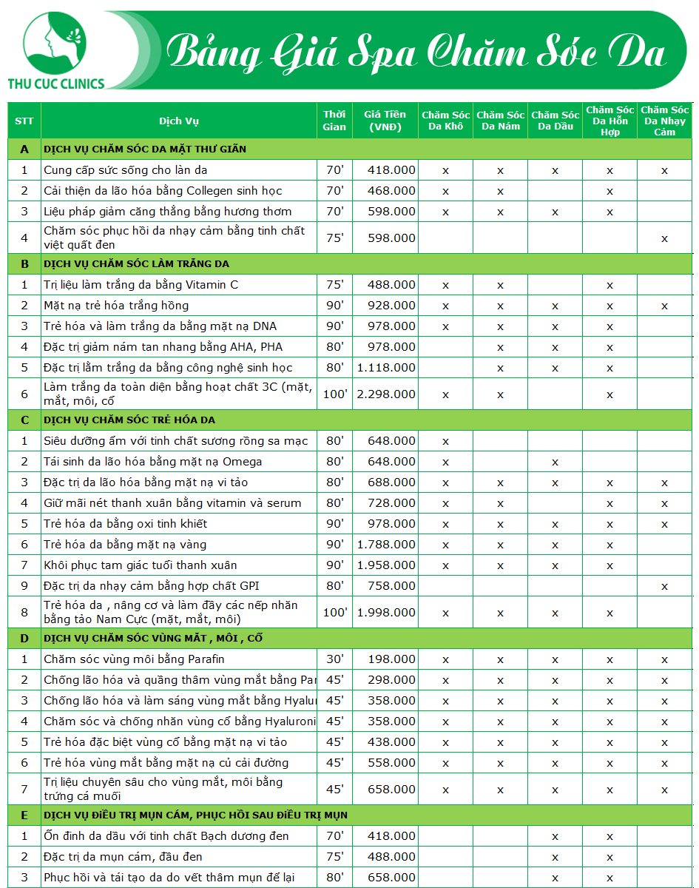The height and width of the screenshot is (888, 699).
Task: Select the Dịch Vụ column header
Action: (x=179, y=121)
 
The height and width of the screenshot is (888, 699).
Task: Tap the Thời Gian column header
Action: (x=334, y=121)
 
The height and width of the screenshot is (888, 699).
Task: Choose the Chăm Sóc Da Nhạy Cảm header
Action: (x=664, y=121)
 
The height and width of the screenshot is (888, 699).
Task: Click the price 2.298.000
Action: (x=386, y=394)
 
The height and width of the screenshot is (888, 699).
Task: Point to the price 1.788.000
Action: (x=386, y=545)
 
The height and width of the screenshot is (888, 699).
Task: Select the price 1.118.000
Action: (x=386, y=368)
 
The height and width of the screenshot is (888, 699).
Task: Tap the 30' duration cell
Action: (x=334, y=659)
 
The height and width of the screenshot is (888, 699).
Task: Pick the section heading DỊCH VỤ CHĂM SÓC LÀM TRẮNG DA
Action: (x=136, y=264)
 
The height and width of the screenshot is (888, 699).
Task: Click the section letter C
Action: (x=24, y=420)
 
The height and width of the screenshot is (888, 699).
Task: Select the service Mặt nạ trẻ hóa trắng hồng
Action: (x=116, y=306)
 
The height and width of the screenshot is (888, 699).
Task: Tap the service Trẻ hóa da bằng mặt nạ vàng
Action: (x=125, y=545)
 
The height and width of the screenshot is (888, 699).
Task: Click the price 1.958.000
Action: (x=386, y=565)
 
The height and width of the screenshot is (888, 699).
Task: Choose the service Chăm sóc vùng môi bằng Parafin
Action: (x=134, y=659)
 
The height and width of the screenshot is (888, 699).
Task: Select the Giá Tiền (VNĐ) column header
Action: (x=385, y=121)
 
